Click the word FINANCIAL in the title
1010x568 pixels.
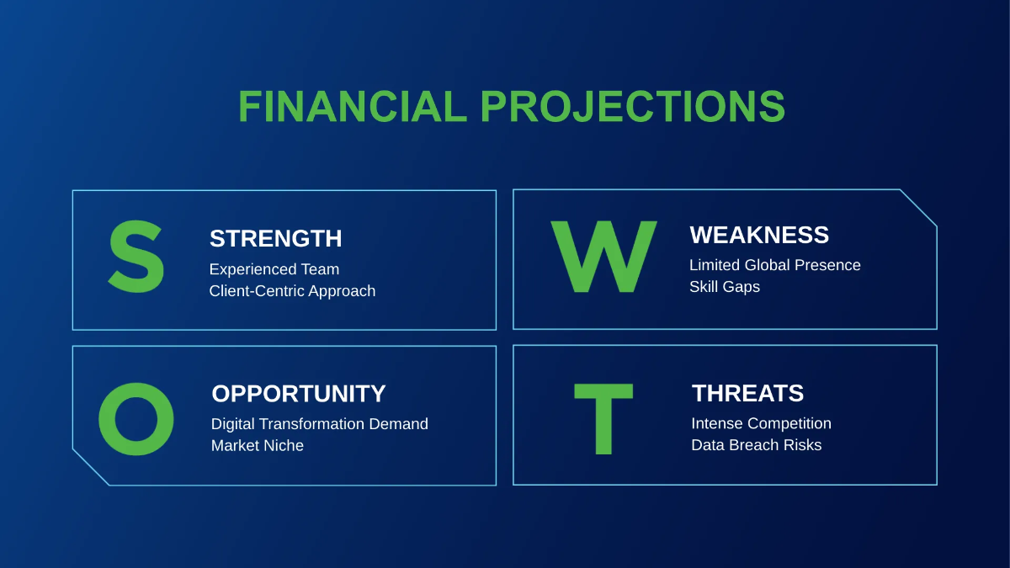click(x=353, y=106)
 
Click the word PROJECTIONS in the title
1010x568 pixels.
click(x=633, y=106)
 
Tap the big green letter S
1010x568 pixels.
click(x=136, y=257)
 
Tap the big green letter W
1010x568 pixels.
click(x=603, y=257)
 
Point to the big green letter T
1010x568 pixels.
click(x=603, y=419)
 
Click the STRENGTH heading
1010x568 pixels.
click(x=275, y=238)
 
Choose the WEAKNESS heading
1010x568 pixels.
click(x=759, y=235)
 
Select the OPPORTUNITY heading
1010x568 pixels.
click(x=299, y=394)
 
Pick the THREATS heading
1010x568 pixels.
click(x=747, y=393)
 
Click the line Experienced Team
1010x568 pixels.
click(x=274, y=269)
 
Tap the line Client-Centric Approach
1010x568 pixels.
click(x=292, y=291)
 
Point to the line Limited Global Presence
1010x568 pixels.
click(x=775, y=265)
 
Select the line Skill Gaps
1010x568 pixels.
click(x=725, y=287)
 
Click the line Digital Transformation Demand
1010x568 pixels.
click(x=320, y=424)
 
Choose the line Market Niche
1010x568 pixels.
click(x=258, y=446)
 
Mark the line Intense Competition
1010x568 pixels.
click(x=762, y=424)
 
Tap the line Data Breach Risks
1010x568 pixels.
click(x=757, y=445)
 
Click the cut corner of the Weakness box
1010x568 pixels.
click(x=918, y=208)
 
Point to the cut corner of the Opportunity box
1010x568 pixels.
click(x=91, y=468)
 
